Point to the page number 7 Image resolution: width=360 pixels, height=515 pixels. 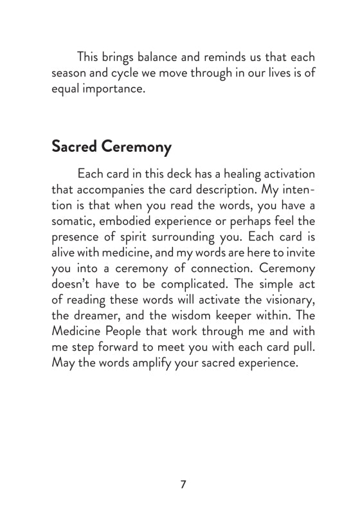183,484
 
